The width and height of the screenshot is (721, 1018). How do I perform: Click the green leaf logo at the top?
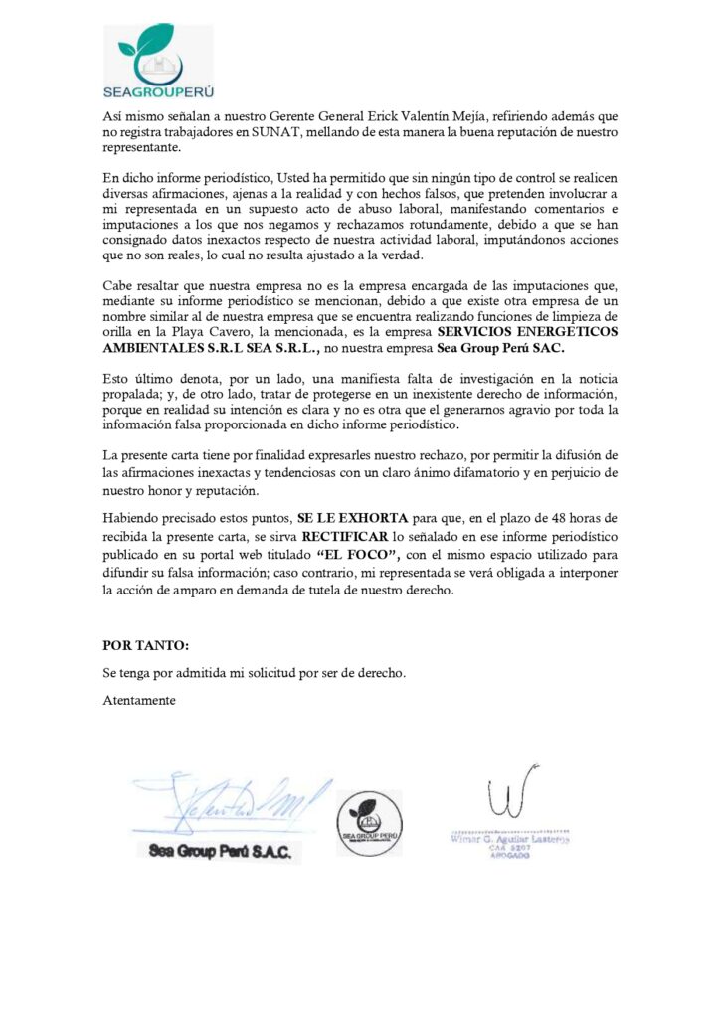pos(157,51)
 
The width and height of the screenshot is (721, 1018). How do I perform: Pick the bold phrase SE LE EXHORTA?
pos(339,518)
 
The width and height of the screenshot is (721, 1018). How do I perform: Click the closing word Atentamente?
pos(139,699)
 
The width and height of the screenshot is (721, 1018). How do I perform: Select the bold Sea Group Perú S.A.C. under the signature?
pos(220,852)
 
